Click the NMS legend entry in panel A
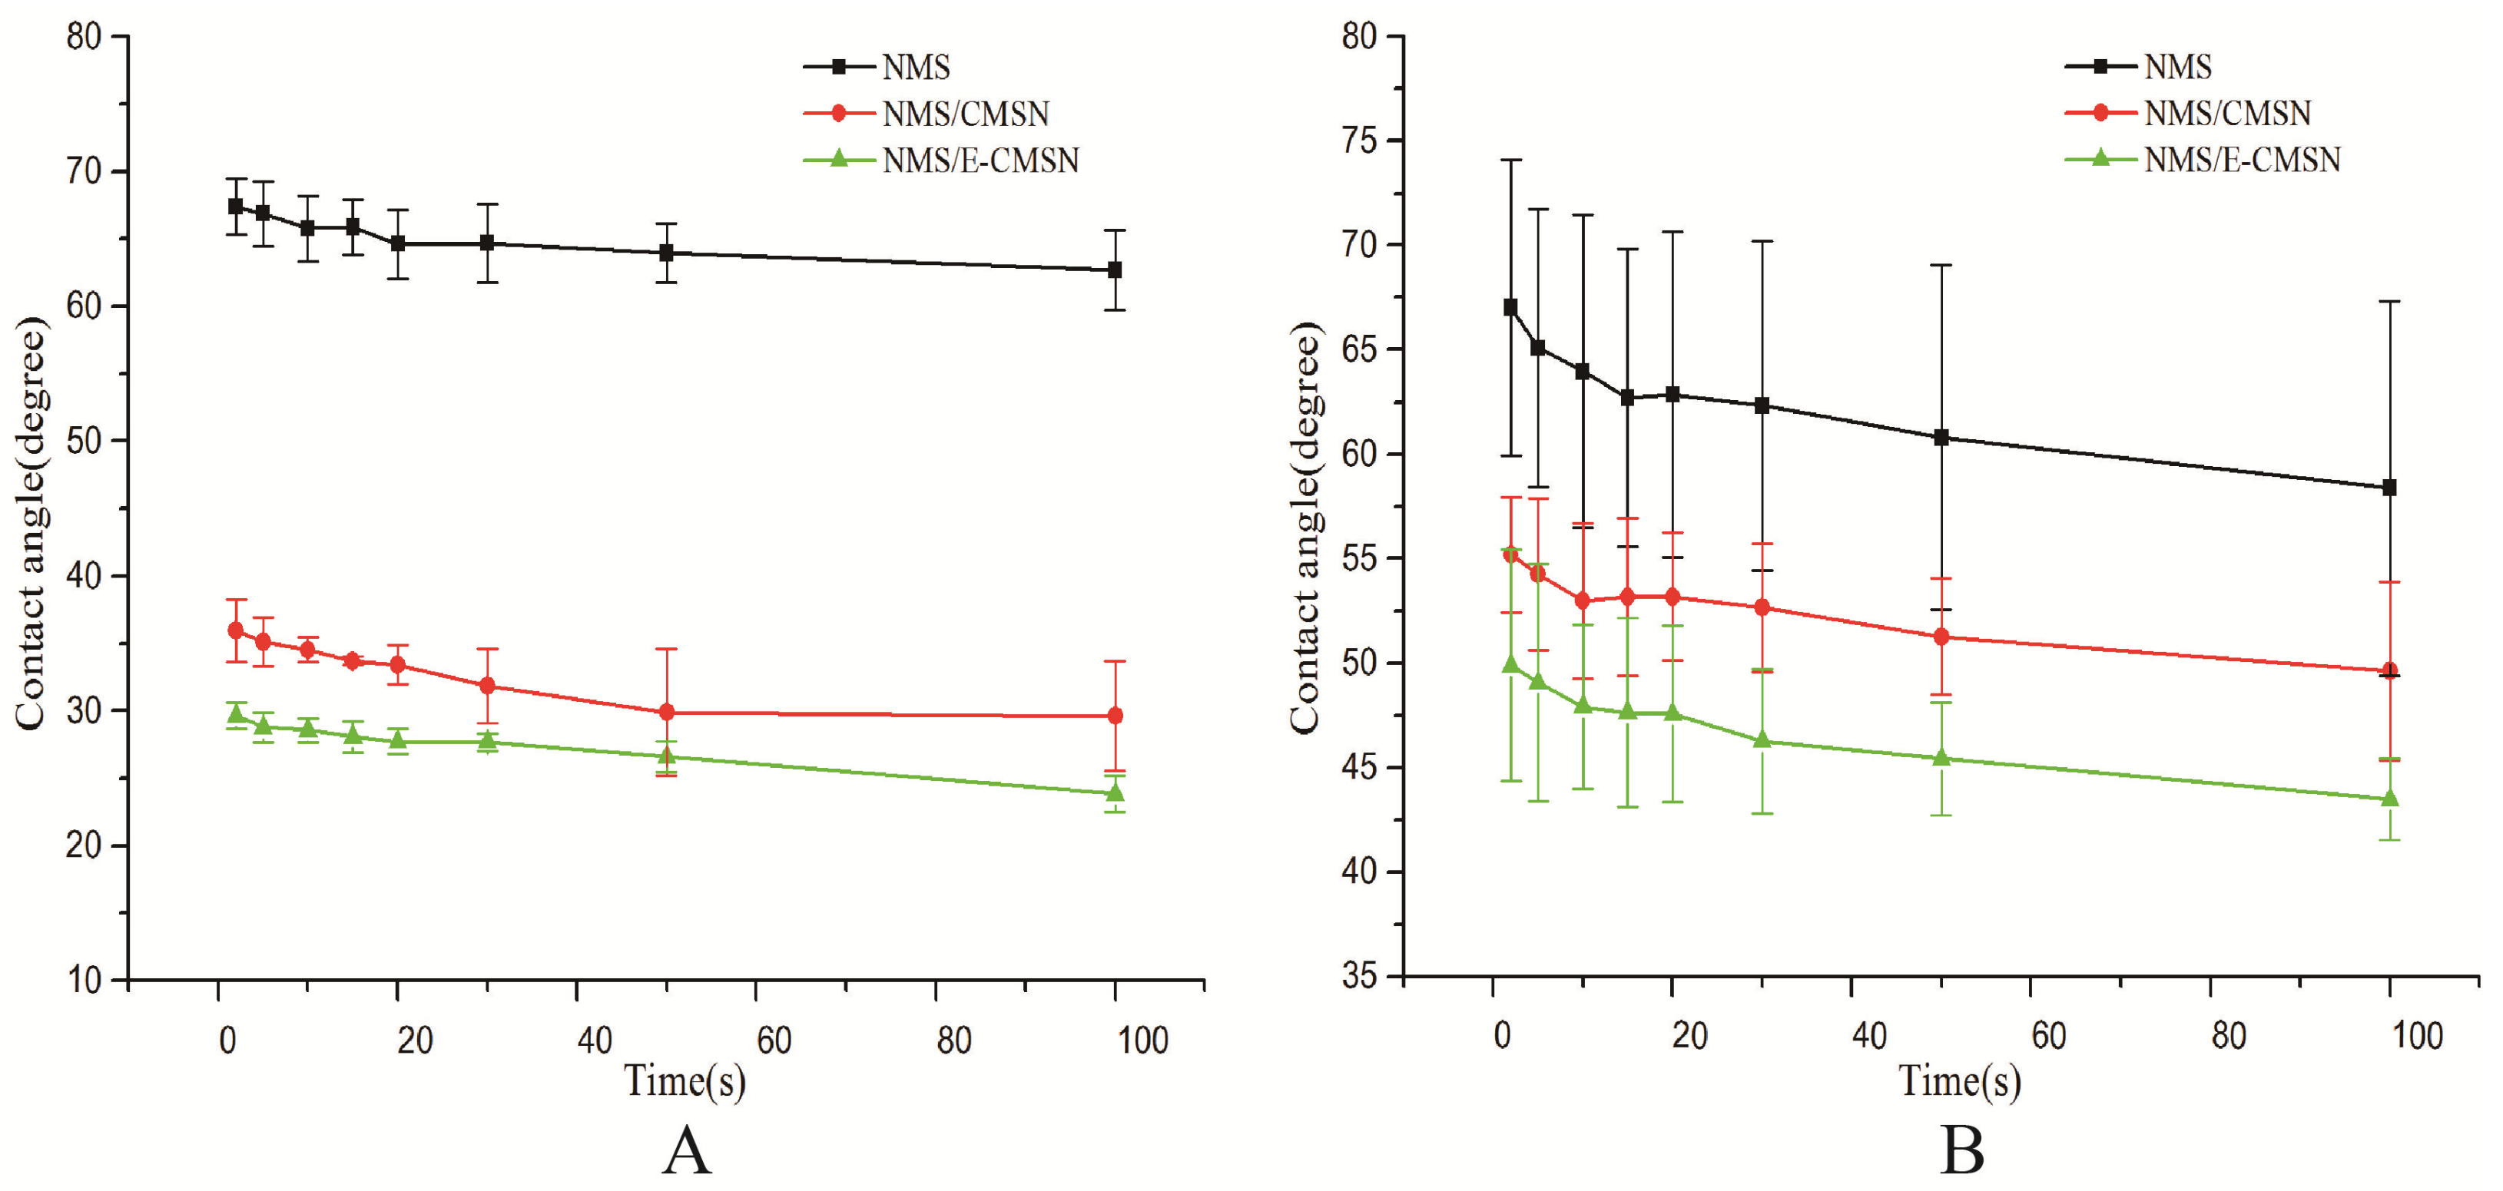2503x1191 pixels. pyautogui.click(x=877, y=67)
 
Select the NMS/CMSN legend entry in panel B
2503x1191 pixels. pyautogui.click(x=2187, y=114)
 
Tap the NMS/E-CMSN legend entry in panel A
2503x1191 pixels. pyautogui.click(x=940, y=159)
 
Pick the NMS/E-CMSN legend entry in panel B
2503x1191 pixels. pyautogui.click(x=2202, y=159)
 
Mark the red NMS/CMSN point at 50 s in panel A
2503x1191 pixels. pyautogui.click(x=667, y=712)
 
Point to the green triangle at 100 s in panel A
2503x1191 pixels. pyautogui.click(x=1115, y=792)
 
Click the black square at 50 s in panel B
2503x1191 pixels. pyautogui.click(x=1941, y=437)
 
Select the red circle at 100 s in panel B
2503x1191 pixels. pyautogui.click(x=2389, y=670)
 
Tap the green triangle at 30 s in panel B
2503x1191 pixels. pyautogui.click(x=1762, y=740)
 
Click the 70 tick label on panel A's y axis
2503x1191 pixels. pyautogui.click(x=84, y=172)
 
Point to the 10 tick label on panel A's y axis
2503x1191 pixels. pyautogui.click(x=84, y=980)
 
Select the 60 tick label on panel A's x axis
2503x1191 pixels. pyautogui.click(x=774, y=1040)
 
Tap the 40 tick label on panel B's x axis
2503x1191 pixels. pyautogui.click(x=1868, y=1036)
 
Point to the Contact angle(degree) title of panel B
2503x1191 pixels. pyautogui.click(x=1305, y=528)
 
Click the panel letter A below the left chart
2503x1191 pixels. pyautogui.click(x=686, y=1151)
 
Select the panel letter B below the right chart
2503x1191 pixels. pyautogui.click(x=1962, y=1151)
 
